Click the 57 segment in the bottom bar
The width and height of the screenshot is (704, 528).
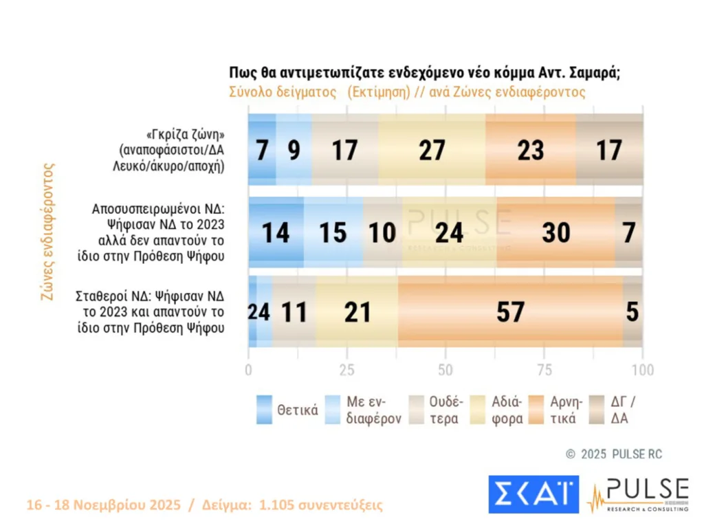[510, 312]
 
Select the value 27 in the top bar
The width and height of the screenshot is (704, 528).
[432, 150]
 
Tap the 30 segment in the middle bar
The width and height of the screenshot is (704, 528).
[555, 232]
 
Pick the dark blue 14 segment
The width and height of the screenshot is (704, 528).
[276, 232]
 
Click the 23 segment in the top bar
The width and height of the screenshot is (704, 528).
[531, 150]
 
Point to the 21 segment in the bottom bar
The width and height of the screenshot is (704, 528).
[356, 312]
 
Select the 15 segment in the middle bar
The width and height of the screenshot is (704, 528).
[333, 232]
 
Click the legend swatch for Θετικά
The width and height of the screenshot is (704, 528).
[264, 410]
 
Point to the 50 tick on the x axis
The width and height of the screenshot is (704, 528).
[445, 370]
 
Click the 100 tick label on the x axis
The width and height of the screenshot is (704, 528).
[642, 370]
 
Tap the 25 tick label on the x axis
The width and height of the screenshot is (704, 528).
[346, 370]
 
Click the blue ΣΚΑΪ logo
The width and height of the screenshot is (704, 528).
[533, 494]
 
